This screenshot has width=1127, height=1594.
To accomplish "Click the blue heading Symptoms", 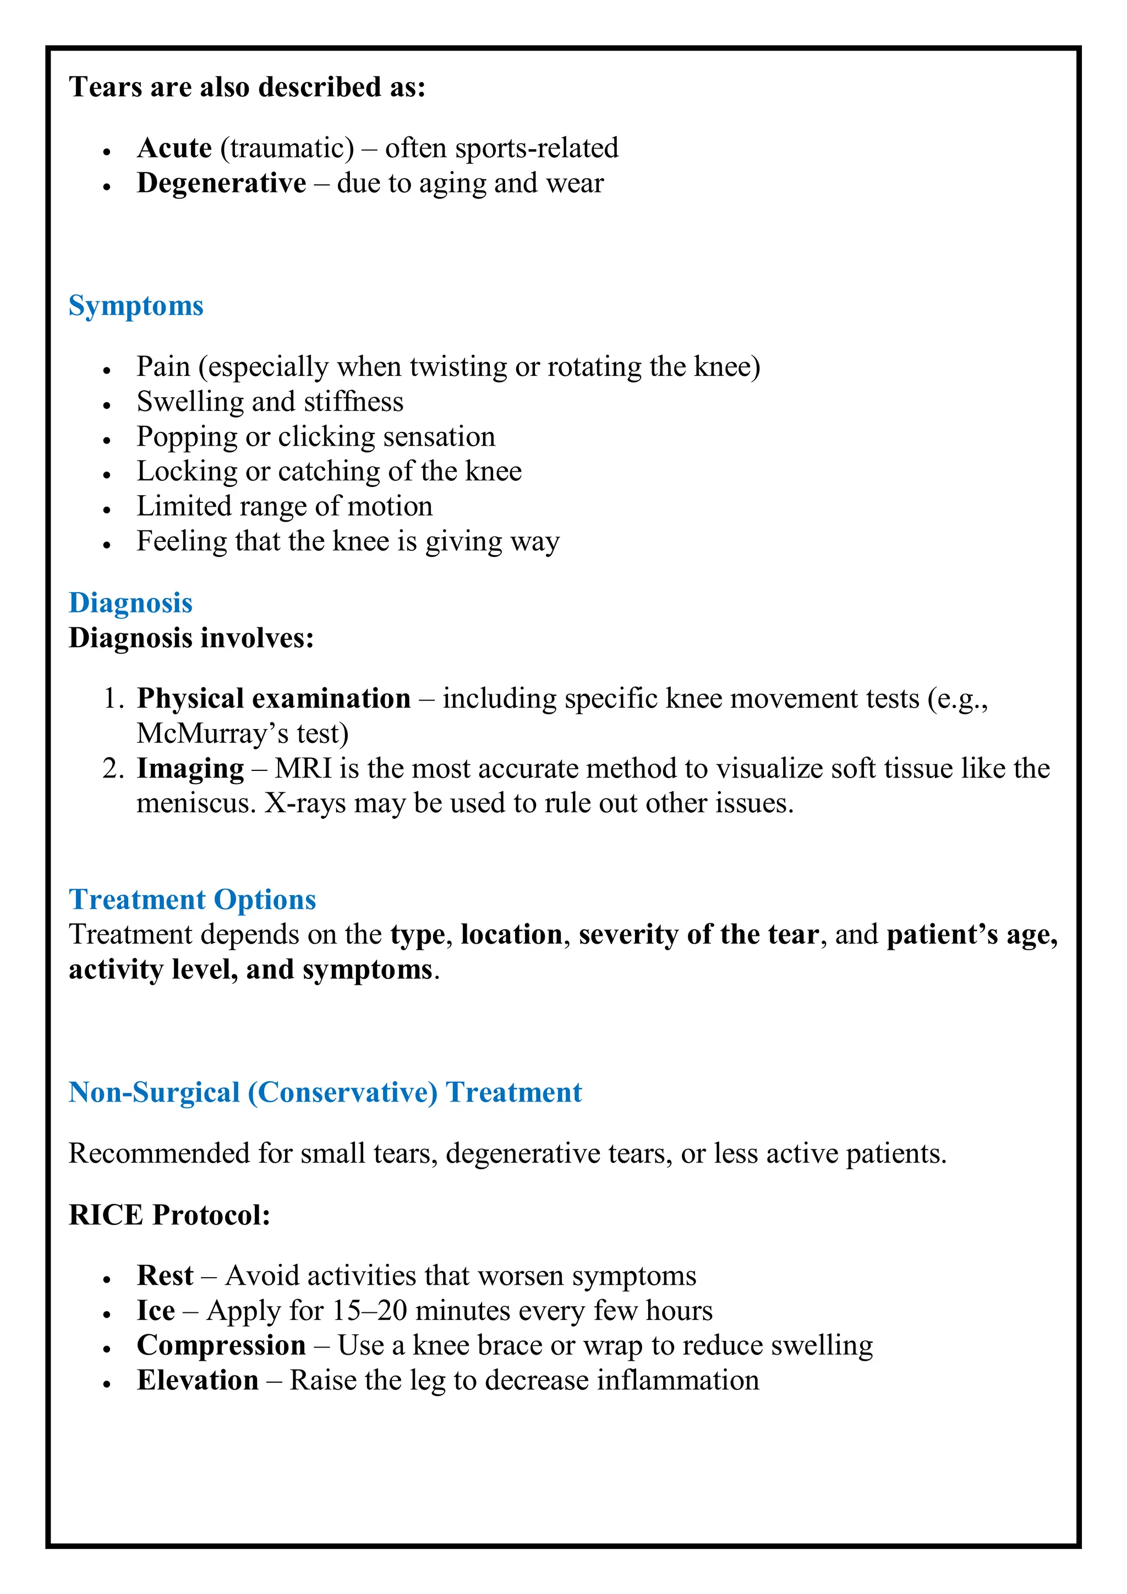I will point(135,306).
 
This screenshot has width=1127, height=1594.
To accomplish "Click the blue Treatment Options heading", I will point(193,900).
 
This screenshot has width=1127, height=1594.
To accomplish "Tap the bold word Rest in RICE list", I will point(165,1275).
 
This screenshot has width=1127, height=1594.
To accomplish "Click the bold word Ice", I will point(156,1311).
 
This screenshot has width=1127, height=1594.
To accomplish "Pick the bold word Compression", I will point(221,1345).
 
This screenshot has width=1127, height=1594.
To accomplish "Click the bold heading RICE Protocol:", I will point(169,1215).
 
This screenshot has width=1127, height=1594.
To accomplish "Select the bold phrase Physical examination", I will point(273,698).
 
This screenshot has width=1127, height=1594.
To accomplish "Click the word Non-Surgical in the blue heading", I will point(154,1093).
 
